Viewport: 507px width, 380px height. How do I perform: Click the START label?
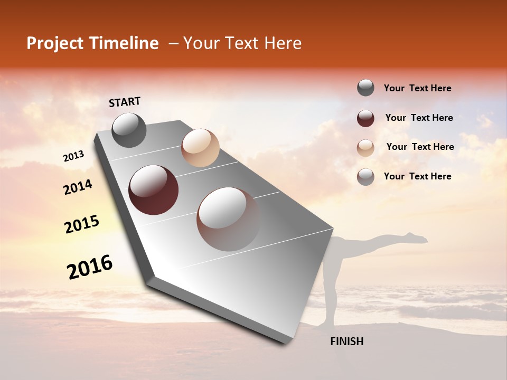125,102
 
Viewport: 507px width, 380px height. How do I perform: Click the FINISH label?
346,341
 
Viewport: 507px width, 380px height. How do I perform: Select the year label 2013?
73,156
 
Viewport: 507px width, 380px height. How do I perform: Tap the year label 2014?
78,187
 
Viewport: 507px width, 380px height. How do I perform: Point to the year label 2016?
90,267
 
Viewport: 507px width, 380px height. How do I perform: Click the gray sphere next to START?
129,130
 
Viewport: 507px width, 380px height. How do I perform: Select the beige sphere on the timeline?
200,148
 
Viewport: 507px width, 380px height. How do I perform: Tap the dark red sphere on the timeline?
153,190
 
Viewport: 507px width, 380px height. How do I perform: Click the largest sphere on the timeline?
228,219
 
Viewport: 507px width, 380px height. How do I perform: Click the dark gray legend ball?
365,88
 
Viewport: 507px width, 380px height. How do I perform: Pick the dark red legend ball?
365,118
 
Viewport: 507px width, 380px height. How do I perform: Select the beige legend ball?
365,148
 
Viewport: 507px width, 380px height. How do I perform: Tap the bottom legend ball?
365,177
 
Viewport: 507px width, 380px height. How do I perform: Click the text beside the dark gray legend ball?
417,89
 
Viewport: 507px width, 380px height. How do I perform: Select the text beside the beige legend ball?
420,147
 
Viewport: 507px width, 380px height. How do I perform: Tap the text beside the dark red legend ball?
419,118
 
